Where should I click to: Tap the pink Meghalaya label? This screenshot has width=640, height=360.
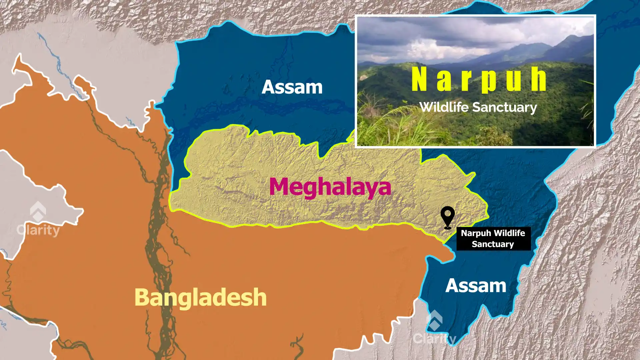click(x=330, y=187)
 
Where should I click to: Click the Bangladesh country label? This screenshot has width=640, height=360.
click(x=200, y=297)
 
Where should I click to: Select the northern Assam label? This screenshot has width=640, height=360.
click(x=292, y=87)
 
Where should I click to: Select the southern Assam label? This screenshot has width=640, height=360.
click(x=476, y=286)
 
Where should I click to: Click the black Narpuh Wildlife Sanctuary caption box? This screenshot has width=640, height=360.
click(x=493, y=239)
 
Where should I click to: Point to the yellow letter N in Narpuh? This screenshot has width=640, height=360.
click(x=419, y=79)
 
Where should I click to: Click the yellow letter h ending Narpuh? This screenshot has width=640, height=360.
click(x=538, y=79)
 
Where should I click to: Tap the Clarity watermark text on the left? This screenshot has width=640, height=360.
click(x=38, y=230)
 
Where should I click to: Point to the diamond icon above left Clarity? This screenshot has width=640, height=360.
click(x=38, y=211)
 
